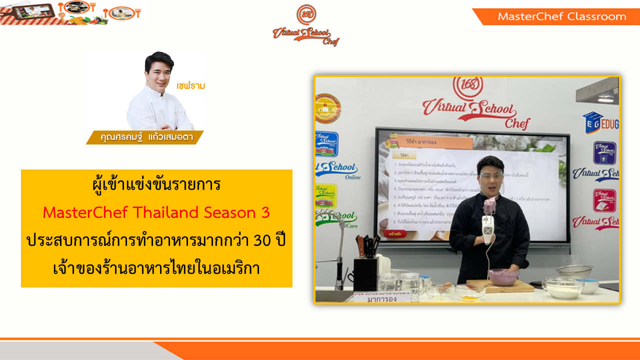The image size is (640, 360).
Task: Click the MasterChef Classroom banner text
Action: coord(561,16)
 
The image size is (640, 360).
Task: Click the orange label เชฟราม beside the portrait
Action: coord(191,85)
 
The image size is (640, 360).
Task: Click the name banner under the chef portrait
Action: coord(144,137)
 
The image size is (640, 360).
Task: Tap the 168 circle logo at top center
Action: coord(306,14)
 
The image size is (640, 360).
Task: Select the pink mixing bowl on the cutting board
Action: coord(503,276)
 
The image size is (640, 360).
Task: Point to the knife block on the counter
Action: coord(365,272)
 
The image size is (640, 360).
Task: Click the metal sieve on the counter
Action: coord(573,270)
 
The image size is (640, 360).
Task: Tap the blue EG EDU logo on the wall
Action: coord(600,122)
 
